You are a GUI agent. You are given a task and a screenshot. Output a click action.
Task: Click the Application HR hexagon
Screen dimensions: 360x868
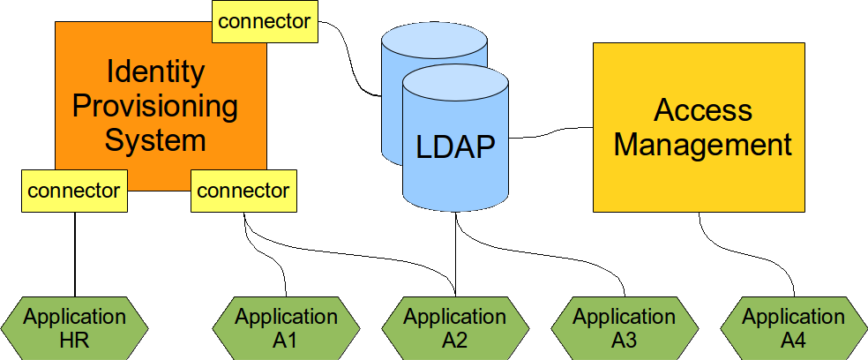74,327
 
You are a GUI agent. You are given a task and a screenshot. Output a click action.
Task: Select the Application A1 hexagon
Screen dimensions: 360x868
286,327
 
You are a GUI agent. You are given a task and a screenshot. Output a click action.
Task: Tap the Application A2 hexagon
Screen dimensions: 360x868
455,327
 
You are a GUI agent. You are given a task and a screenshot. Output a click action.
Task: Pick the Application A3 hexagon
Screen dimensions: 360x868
625,327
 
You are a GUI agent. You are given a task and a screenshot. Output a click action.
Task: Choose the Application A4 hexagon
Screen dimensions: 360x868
794,327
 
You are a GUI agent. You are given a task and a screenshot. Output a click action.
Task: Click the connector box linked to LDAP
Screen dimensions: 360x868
265,21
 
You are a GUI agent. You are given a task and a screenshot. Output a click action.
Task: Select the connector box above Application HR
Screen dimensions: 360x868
74,191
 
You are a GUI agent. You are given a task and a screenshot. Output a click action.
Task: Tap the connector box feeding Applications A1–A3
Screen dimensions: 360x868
243,191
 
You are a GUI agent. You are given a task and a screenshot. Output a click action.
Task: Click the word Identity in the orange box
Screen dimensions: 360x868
155,72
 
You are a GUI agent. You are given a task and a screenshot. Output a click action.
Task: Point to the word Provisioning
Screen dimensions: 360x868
155,106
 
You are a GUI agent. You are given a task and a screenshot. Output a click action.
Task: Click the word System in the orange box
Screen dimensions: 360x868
155,139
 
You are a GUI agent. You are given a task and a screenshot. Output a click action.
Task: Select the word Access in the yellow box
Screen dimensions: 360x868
702,110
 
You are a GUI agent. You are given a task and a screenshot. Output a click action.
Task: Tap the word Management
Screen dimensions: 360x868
702,144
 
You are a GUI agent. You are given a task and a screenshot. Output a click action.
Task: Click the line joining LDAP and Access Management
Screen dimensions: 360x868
551,132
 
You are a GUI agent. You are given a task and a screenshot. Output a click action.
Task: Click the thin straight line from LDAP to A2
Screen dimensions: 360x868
455,256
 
